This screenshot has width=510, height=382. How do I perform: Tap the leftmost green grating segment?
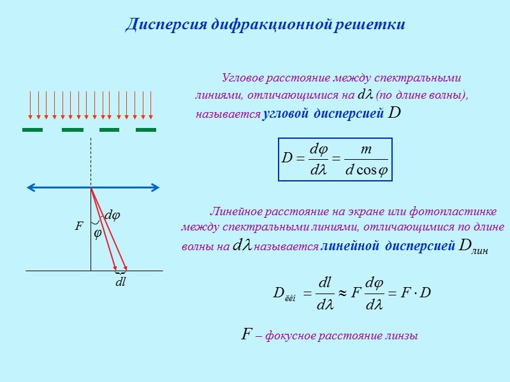tap(33, 130)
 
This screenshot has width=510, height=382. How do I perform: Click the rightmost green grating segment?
tap(146, 130)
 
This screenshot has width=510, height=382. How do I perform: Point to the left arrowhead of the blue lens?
tap(29, 188)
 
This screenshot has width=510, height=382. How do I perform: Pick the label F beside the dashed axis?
tap(79, 226)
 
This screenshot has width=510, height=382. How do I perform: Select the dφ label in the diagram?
tap(112, 216)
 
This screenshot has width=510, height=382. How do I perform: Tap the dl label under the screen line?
tap(120, 283)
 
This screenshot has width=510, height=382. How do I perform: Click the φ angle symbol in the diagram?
tap(98, 234)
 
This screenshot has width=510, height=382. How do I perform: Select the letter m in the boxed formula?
tap(366, 148)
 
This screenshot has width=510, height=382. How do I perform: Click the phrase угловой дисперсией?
tap(323, 115)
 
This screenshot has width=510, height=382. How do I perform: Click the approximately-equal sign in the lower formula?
tap(342, 292)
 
